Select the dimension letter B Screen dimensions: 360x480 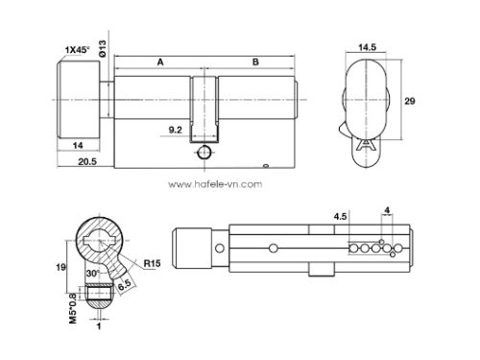254,60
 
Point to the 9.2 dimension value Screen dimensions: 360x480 176,128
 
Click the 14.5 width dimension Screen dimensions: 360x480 366,45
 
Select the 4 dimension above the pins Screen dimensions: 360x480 386,208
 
